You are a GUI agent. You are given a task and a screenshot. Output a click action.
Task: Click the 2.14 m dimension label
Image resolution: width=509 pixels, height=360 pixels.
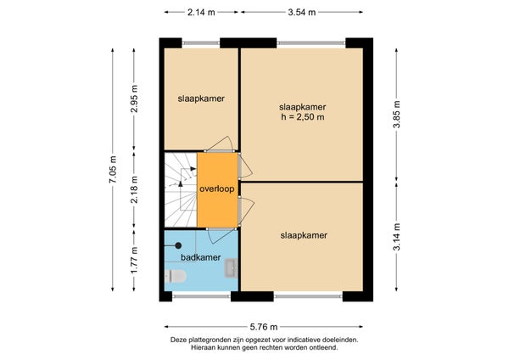coord(201,13)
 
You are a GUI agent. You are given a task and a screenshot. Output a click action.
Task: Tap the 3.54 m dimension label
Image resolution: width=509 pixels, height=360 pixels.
coord(302,13)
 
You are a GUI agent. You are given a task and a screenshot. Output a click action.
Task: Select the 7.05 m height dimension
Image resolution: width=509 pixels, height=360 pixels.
coord(113,169)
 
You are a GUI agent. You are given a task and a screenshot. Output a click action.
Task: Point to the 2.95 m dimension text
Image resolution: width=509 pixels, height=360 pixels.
coord(134,98)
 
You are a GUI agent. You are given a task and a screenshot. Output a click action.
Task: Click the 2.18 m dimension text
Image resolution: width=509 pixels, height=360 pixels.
coord(134,189)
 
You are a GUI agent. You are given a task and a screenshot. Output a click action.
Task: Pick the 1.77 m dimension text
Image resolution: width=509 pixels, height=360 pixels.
coord(134,260)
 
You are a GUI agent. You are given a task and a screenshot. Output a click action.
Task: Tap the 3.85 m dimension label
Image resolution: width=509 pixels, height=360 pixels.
coord(396,115)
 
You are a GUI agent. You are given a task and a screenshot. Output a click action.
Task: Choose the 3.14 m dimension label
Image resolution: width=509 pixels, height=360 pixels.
coord(396,237)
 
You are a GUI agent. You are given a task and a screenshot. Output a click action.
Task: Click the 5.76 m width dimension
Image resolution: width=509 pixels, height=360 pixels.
coord(264,327)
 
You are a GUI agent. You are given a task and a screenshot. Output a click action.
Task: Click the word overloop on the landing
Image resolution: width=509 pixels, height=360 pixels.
coord(217,188)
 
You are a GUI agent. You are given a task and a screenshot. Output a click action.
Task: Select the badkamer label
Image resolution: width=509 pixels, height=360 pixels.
coord(200,257)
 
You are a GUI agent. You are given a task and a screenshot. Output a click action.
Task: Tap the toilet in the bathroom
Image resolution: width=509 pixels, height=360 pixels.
coord(176,276)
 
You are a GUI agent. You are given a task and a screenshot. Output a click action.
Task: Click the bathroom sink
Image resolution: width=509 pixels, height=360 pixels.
coord(232,268)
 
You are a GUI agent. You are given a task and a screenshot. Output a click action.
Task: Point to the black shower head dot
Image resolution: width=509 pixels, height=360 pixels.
coord(178,245)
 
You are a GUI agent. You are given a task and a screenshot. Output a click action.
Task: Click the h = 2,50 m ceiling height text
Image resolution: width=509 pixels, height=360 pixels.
coord(303,117)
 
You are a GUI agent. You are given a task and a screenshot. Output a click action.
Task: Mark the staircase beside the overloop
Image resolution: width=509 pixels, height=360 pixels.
coord(181,189)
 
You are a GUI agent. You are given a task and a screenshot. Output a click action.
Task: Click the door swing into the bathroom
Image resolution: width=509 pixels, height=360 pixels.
coord(222,236)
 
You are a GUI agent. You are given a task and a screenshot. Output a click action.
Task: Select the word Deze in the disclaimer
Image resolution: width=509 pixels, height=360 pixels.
coord(177,340)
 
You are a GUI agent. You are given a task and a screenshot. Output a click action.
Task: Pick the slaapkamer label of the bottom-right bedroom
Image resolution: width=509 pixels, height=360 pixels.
coord(304,235)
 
